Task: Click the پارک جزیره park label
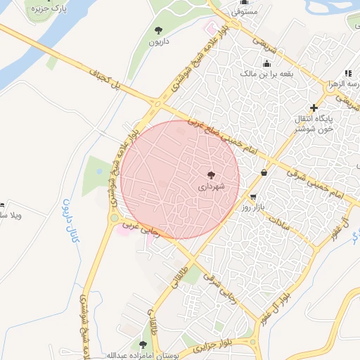[48, 10]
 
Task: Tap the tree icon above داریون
[158, 30]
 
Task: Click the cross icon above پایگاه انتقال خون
[314, 108]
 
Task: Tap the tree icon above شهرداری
[211, 174]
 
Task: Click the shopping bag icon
[264, 173]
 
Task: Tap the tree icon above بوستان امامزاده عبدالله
[143, 345]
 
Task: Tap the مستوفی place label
[246, 13]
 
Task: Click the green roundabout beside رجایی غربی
[115, 218]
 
